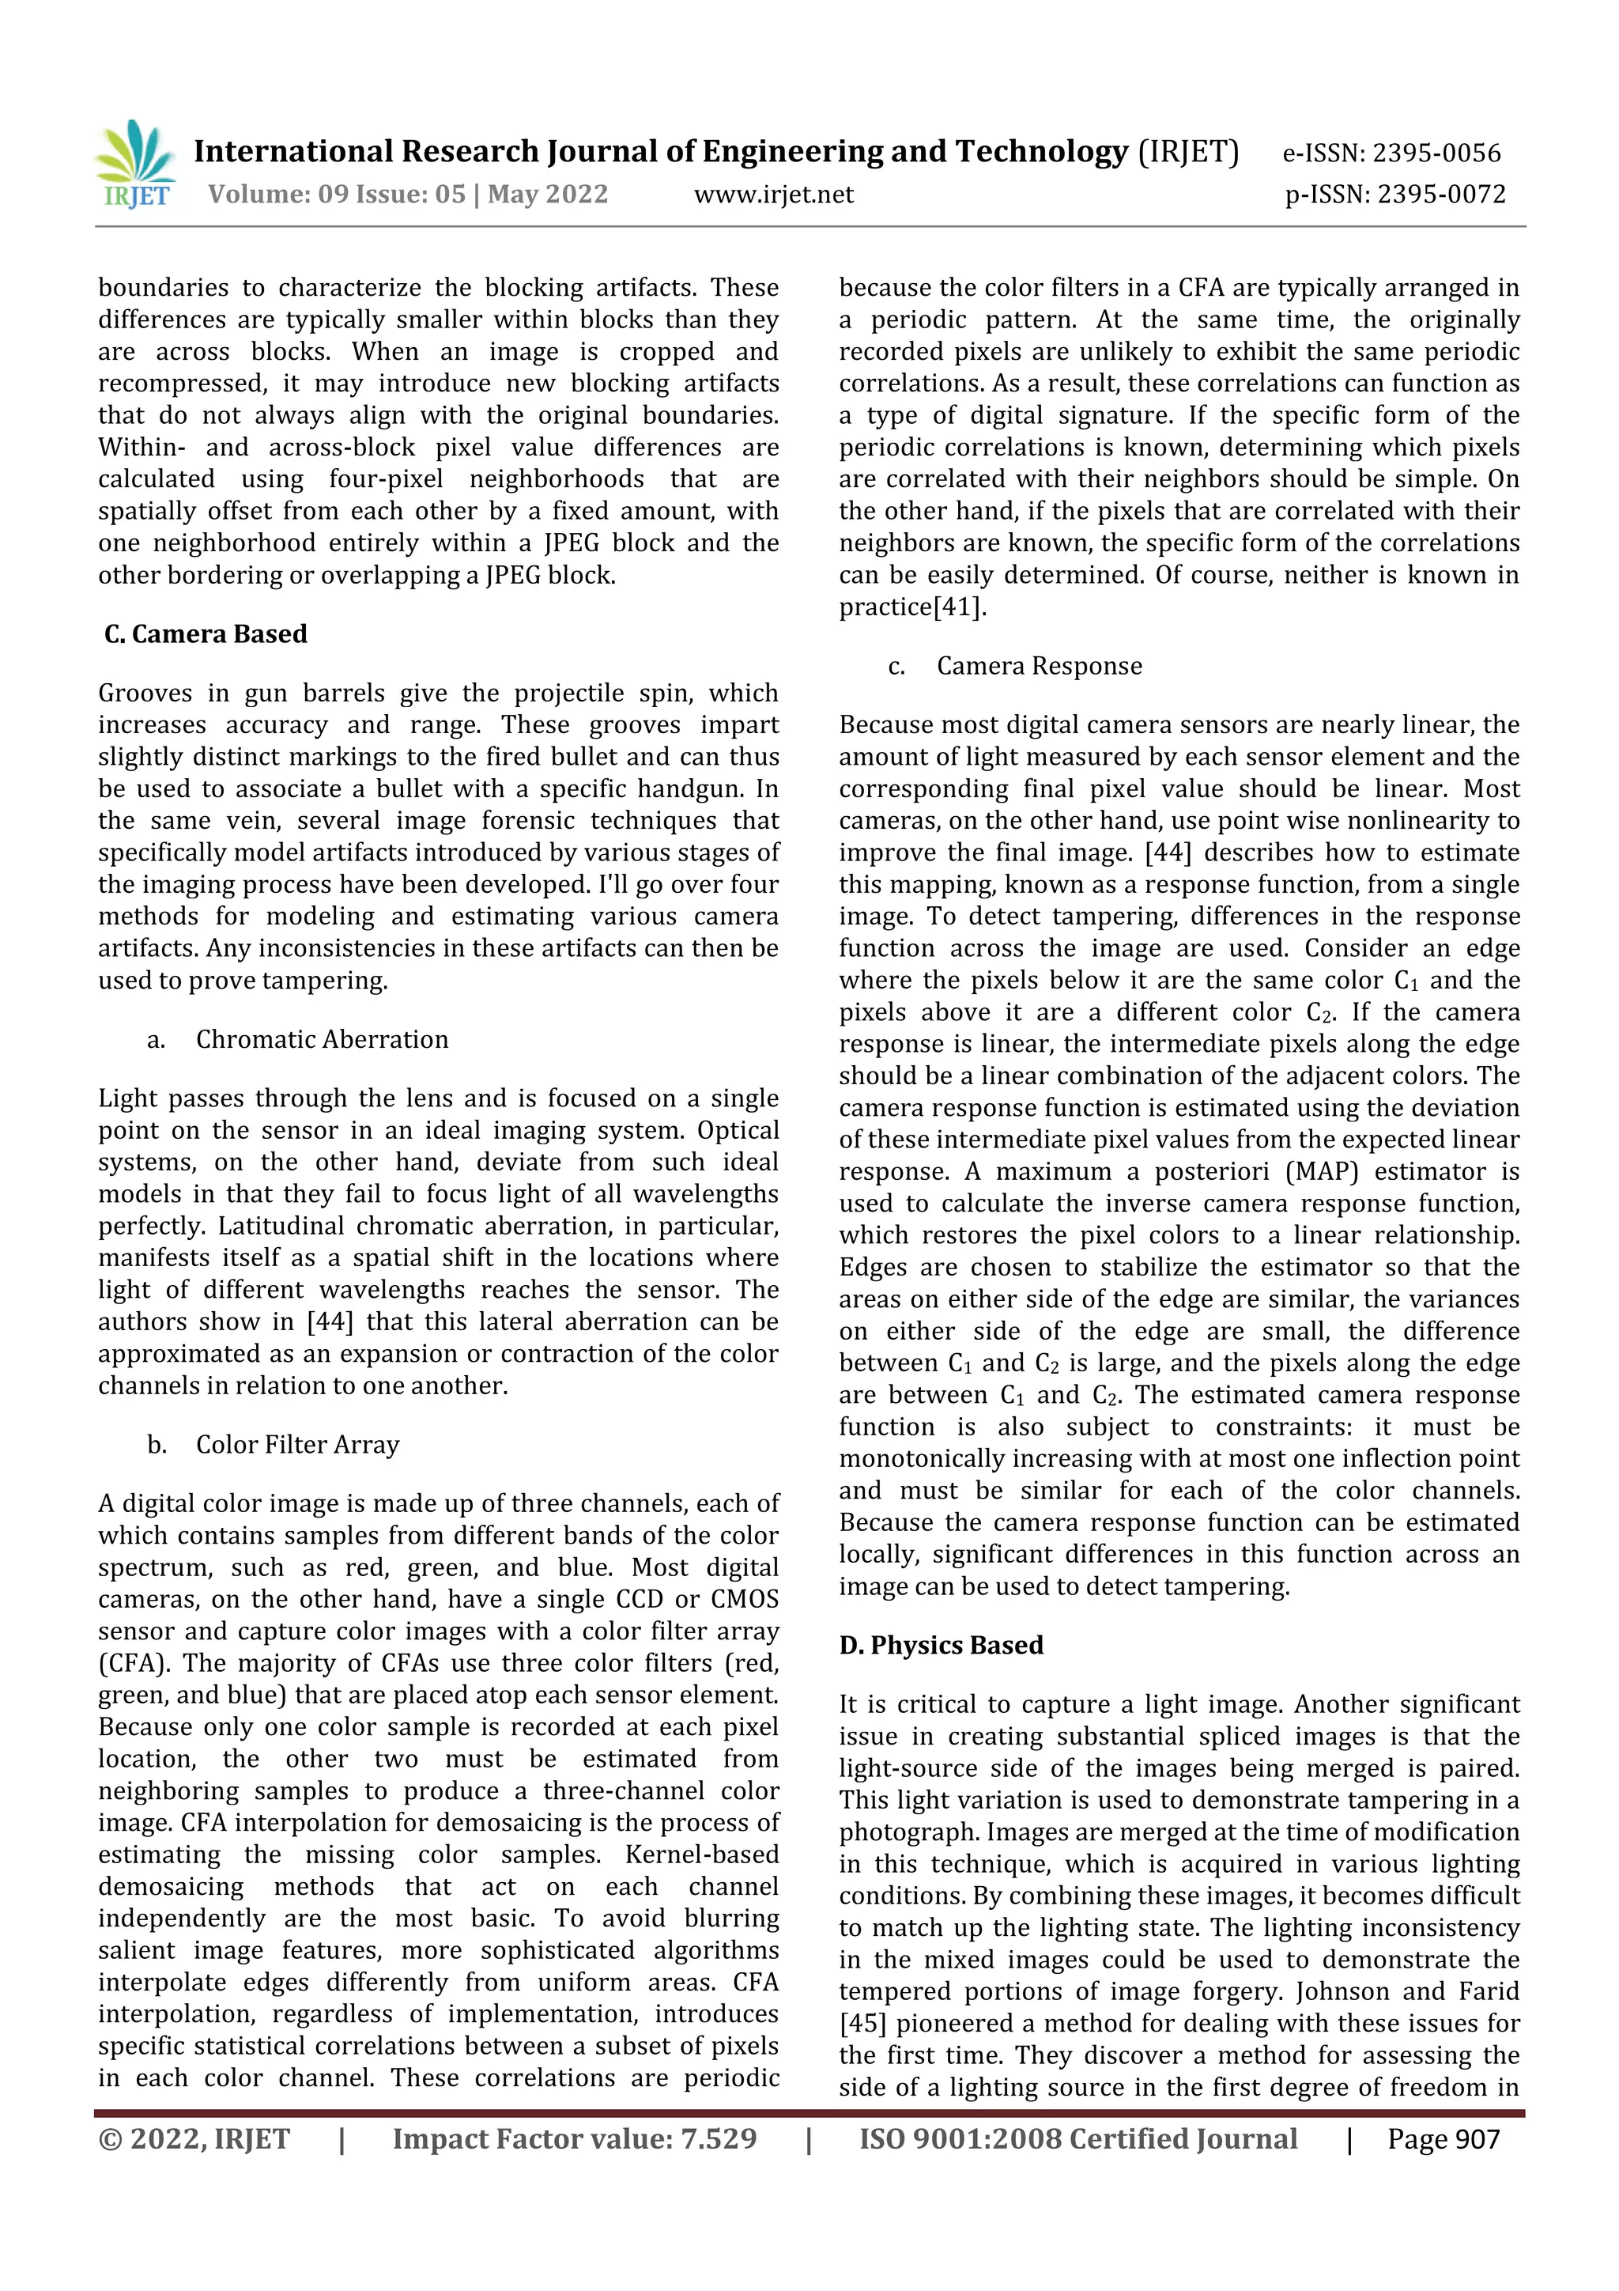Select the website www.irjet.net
[774, 195]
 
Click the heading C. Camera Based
[206, 634]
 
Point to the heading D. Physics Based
[941, 1646]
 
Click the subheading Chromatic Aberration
[321, 1040]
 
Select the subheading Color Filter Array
[297, 1445]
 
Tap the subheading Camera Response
[1039, 667]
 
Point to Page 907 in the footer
[1443, 2139]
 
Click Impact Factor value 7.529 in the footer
[575, 2139]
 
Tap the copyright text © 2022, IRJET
[194, 2139]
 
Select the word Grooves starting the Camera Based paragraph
[145, 694]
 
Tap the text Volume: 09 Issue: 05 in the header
[336, 195]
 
